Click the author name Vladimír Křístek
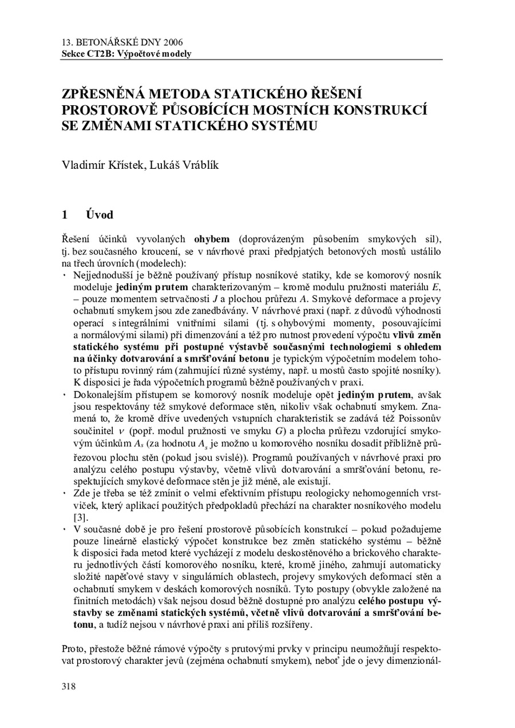[x=96, y=166]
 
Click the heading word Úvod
[x=100, y=215]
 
